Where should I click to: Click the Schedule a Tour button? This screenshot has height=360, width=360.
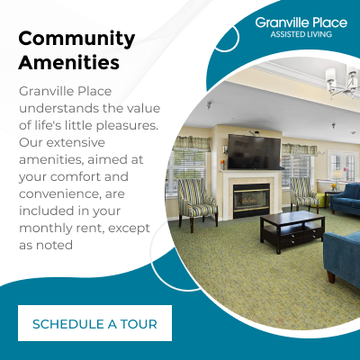click(94, 323)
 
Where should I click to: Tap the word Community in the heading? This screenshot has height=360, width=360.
click(76, 40)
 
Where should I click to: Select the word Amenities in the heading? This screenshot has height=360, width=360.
click(69, 62)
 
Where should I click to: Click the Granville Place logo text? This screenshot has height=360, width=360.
click(301, 22)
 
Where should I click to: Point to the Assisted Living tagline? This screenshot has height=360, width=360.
click(301, 34)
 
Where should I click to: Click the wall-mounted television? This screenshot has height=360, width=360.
click(254, 152)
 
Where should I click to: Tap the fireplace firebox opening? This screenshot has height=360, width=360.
click(251, 200)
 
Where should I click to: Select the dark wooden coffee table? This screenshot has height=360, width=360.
click(292, 230)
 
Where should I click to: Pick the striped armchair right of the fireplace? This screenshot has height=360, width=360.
click(303, 193)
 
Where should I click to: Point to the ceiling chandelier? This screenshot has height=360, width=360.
click(342, 80)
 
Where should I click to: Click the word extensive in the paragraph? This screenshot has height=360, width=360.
click(75, 142)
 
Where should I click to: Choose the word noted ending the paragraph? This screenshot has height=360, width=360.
click(54, 245)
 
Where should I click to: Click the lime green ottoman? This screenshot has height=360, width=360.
click(321, 199)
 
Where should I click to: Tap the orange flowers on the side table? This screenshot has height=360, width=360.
click(333, 186)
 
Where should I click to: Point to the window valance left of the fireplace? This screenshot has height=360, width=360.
click(193, 143)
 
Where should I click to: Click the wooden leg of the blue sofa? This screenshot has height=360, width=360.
click(331, 276)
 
